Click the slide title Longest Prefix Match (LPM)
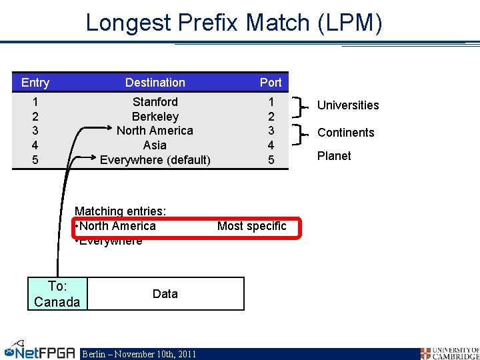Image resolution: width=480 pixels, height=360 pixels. (x=234, y=23)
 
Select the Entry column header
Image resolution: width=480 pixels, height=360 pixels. (x=35, y=83)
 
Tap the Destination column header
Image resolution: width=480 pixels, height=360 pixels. (x=155, y=83)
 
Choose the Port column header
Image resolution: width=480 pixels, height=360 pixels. (x=271, y=83)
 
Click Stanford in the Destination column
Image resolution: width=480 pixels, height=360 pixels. (x=155, y=102)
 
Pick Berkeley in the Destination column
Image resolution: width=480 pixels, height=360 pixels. (x=155, y=117)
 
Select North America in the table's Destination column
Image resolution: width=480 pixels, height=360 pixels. (x=155, y=131)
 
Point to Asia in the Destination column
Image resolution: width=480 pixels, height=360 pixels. (x=155, y=145)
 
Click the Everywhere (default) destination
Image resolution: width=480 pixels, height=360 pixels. (x=155, y=160)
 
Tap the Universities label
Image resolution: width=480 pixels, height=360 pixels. (x=348, y=105)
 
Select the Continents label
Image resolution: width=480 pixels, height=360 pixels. (x=346, y=133)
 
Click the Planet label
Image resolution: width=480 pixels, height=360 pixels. (x=334, y=156)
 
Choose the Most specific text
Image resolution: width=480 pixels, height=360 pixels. (x=251, y=226)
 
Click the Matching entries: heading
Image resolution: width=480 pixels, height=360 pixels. (x=121, y=211)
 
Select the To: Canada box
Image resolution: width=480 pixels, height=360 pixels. (x=57, y=294)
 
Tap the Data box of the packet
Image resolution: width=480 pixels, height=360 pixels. (x=165, y=294)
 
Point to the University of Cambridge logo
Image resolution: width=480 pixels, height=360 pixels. (x=449, y=353)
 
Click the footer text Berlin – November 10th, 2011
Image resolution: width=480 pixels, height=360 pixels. (x=139, y=354)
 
